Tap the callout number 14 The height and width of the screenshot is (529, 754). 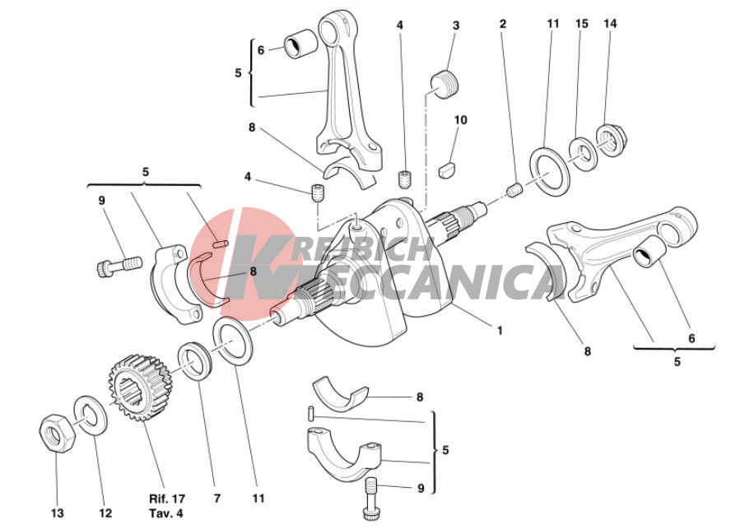pyautogui.click(x=609, y=25)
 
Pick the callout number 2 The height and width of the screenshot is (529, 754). pyautogui.click(x=502, y=24)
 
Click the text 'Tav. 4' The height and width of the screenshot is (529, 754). pyautogui.click(x=167, y=511)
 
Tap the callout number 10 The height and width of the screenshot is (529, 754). pyautogui.click(x=460, y=120)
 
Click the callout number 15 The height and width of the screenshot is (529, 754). pyautogui.click(x=582, y=25)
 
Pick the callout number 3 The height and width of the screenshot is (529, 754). pyautogui.click(x=455, y=26)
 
